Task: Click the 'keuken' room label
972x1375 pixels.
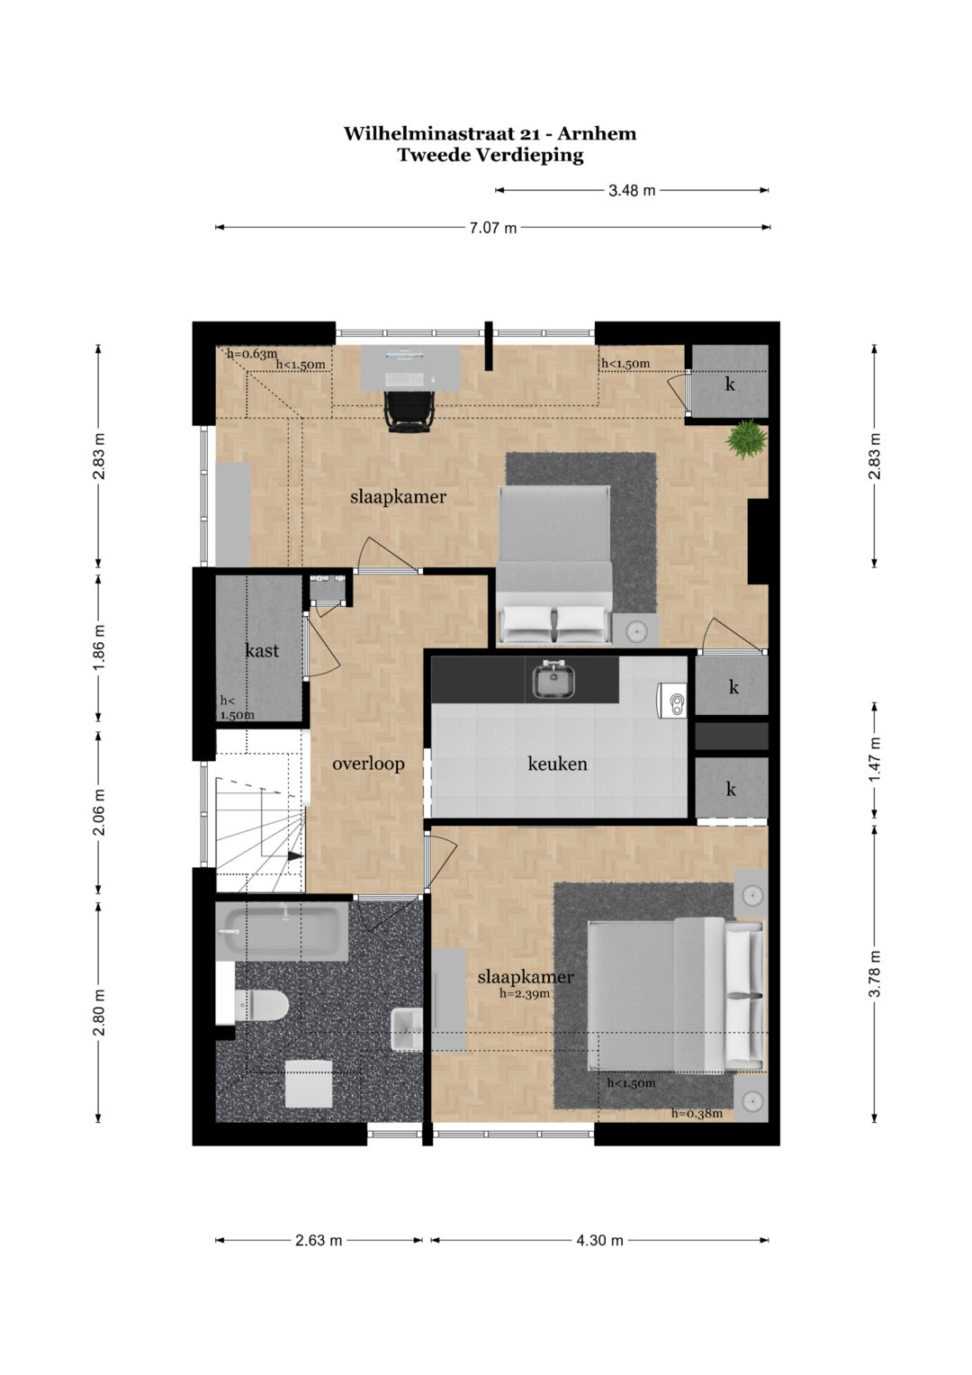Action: point(557,764)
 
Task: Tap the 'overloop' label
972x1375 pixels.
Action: point(368,764)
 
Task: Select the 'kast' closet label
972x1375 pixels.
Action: point(262,650)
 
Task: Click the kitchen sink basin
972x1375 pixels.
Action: point(554,680)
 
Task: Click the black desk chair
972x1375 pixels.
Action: point(409,412)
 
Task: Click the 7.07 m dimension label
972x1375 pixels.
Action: point(493,229)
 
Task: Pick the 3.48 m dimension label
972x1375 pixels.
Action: point(632,191)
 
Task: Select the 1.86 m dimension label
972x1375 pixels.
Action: point(99,647)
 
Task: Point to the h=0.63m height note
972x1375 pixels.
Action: point(252,354)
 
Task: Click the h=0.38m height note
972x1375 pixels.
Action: point(697,1114)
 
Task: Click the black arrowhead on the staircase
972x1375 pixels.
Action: point(296,855)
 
